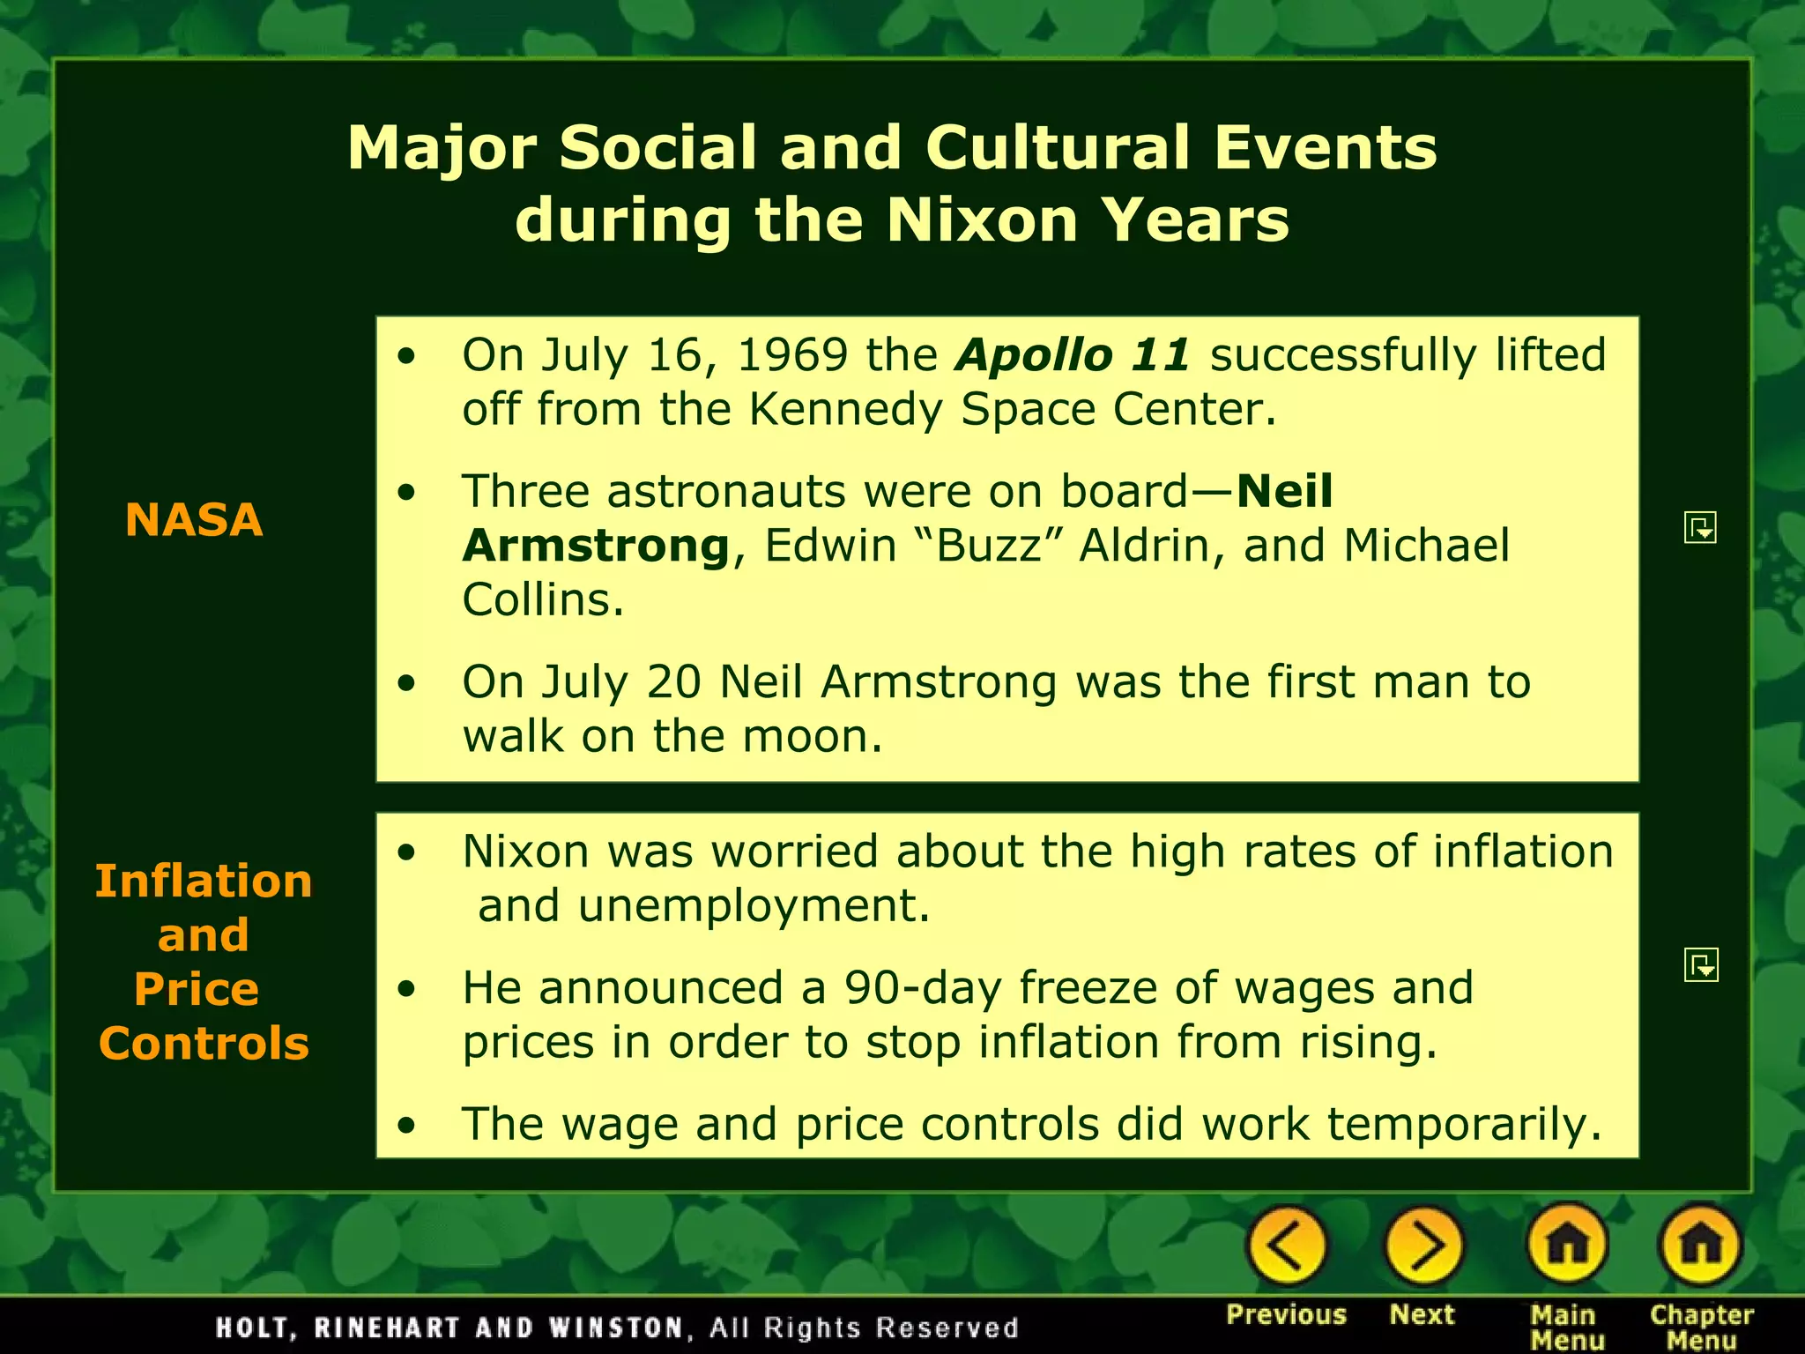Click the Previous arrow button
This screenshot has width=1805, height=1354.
[1286, 1246]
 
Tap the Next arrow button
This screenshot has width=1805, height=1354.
[1423, 1246]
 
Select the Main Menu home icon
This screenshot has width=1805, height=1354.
[1568, 1246]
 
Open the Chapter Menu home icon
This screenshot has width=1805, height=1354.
[1700, 1246]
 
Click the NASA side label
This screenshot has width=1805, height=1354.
[194, 519]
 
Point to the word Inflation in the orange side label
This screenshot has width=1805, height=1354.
[204, 881]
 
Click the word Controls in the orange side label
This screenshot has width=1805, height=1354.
[204, 1044]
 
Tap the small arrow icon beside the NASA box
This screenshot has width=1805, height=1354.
[1700, 528]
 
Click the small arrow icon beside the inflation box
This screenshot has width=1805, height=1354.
[1701, 965]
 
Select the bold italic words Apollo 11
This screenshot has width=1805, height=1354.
[1073, 355]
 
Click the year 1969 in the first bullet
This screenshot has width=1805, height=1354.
[791, 355]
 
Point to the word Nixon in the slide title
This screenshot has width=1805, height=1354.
[982, 219]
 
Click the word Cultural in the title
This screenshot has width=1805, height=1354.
[1058, 147]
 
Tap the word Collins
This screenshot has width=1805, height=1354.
[543, 600]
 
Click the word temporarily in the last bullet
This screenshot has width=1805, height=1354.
[1464, 1125]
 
